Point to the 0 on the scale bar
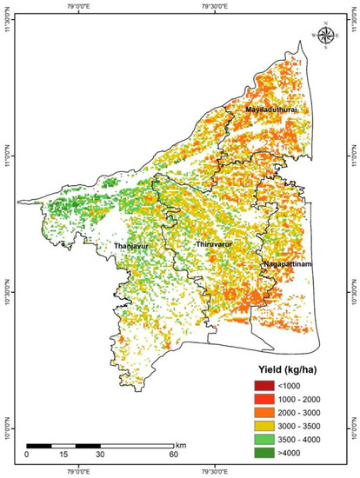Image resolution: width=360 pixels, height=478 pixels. pos(27,454)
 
